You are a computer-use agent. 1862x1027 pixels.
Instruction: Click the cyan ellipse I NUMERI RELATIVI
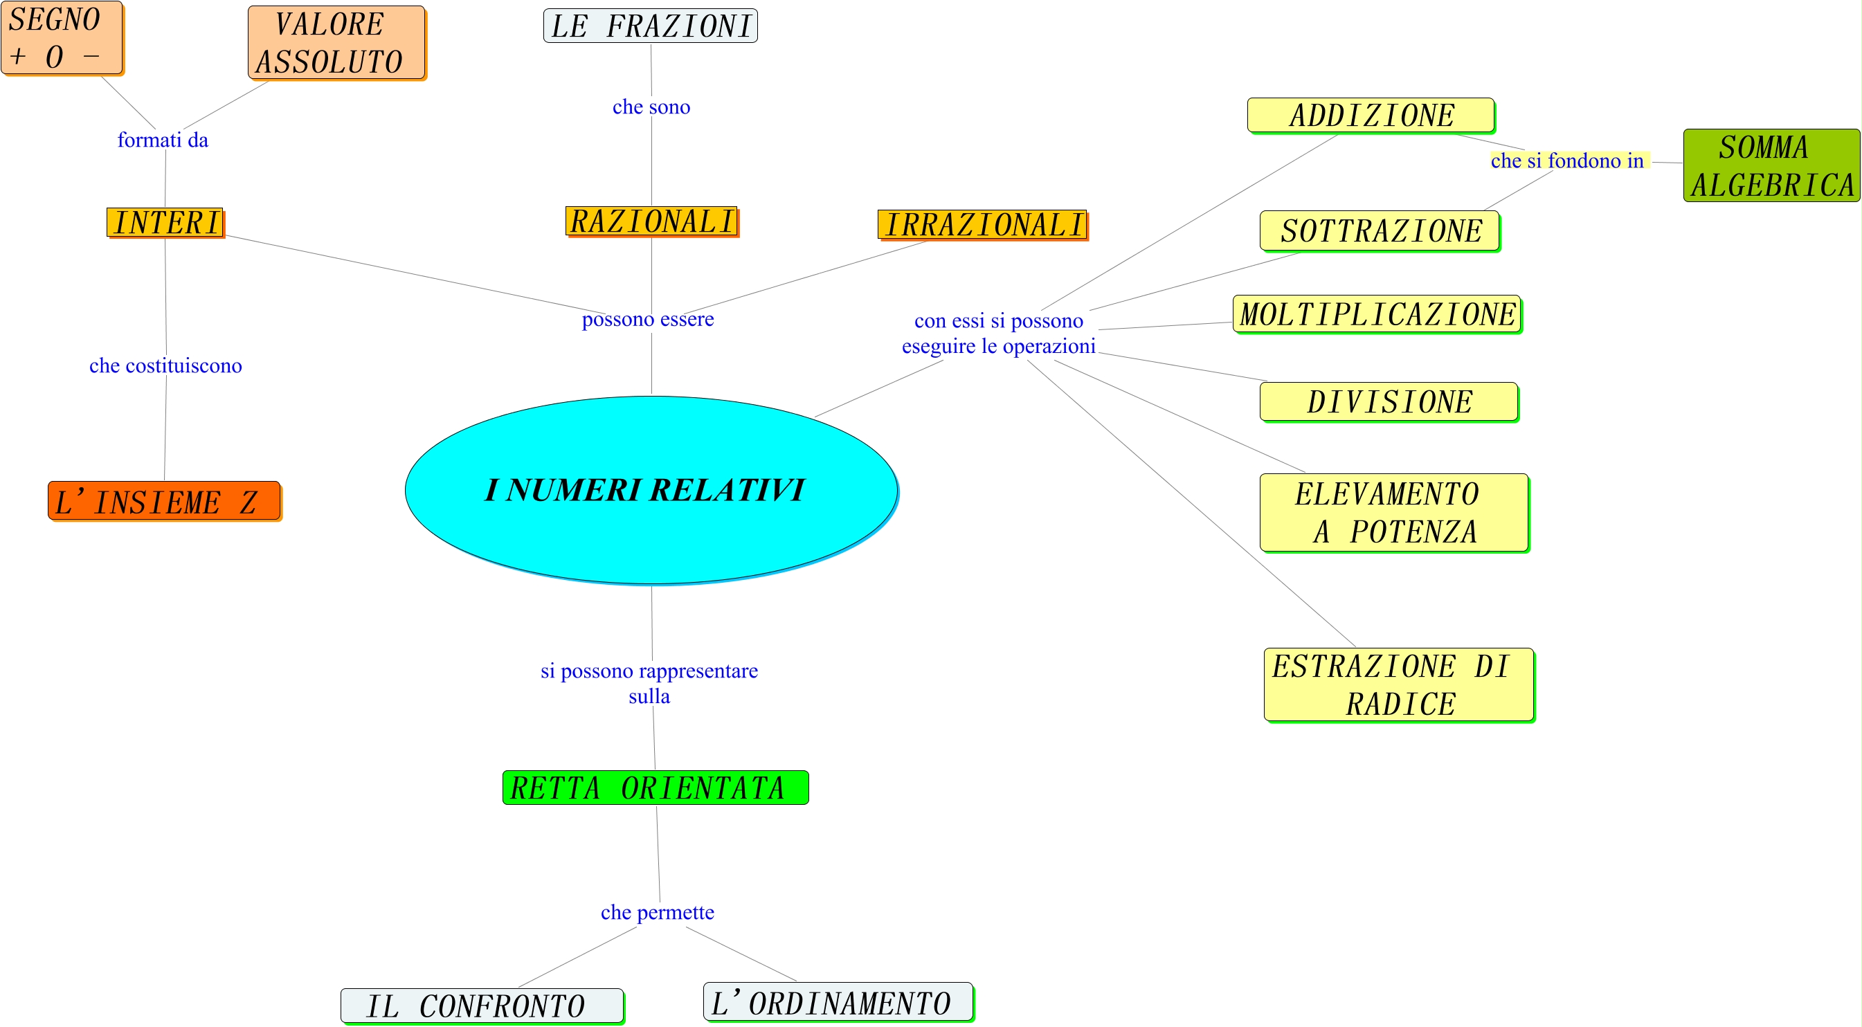[x=651, y=489]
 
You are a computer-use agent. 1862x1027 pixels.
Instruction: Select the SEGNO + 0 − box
[x=62, y=37]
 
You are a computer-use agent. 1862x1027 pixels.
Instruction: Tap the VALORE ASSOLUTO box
[x=336, y=43]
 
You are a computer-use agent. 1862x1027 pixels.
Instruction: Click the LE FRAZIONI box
[x=651, y=26]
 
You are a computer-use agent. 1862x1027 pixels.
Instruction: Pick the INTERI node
[x=165, y=223]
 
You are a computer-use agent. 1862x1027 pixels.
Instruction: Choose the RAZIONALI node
[x=651, y=221]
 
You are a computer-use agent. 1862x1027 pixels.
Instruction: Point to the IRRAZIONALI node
[x=982, y=225]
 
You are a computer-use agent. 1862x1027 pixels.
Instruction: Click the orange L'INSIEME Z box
[x=164, y=501]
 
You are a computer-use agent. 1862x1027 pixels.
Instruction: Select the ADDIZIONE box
[x=1371, y=116]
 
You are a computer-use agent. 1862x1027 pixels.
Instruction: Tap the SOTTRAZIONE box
[x=1379, y=231]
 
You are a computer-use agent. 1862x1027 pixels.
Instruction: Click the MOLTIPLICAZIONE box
[x=1376, y=314]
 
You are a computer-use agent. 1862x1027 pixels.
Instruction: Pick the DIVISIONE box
[x=1389, y=402]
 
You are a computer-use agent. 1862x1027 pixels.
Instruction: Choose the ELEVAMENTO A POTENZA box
[x=1393, y=513]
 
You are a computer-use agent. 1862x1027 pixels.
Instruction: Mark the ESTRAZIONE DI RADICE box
[x=1399, y=684]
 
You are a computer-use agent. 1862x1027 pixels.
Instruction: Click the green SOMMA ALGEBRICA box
[x=1771, y=165]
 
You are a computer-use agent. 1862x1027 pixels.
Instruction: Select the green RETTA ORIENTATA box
[x=655, y=787]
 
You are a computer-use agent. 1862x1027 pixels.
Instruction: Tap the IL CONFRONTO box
[x=481, y=1006]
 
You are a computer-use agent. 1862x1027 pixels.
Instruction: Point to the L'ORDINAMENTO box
[x=838, y=1002]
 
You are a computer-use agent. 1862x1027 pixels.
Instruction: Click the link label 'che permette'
[x=657, y=912]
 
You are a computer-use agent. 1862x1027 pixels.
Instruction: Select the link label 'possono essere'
[x=648, y=319]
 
